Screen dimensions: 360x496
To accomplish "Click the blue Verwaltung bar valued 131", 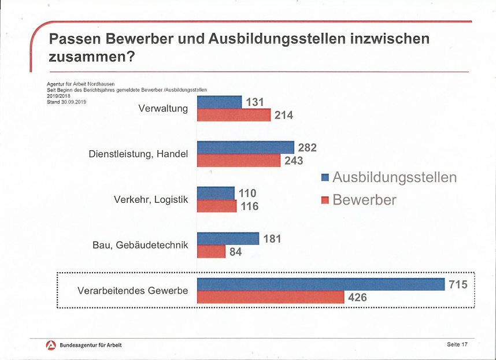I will click(x=220, y=102).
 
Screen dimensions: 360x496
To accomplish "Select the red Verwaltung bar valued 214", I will click(x=234, y=115).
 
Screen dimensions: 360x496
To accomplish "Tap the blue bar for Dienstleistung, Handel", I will click(x=246, y=147).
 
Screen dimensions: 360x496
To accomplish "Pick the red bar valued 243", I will click(x=239, y=160).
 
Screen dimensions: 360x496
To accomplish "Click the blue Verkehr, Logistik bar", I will click(x=216, y=193).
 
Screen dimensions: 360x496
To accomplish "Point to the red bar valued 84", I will click(x=212, y=251).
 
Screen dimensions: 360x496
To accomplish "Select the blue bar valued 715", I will click(x=321, y=284).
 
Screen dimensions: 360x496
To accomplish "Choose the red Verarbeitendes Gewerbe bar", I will click(x=271, y=297).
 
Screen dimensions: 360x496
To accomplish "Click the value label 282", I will click(x=307, y=148).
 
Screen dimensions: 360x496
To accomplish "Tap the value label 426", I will click(x=357, y=298).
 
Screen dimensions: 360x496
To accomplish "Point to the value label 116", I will click(x=249, y=206).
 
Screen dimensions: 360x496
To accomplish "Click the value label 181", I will click(x=272, y=238).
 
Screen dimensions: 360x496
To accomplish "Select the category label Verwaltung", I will click(x=163, y=108).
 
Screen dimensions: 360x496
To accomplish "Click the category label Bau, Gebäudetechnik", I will click(x=140, y=244).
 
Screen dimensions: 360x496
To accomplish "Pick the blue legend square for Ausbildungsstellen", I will click(x=325, y=177).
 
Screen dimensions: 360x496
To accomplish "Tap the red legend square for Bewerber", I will click(x=325, y=201).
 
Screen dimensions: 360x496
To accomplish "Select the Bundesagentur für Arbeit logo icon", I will click(x=51, y=345).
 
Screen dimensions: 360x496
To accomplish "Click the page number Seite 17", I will click(x=457, y=345).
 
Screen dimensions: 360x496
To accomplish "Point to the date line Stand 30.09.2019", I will click(x=66, y=102).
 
